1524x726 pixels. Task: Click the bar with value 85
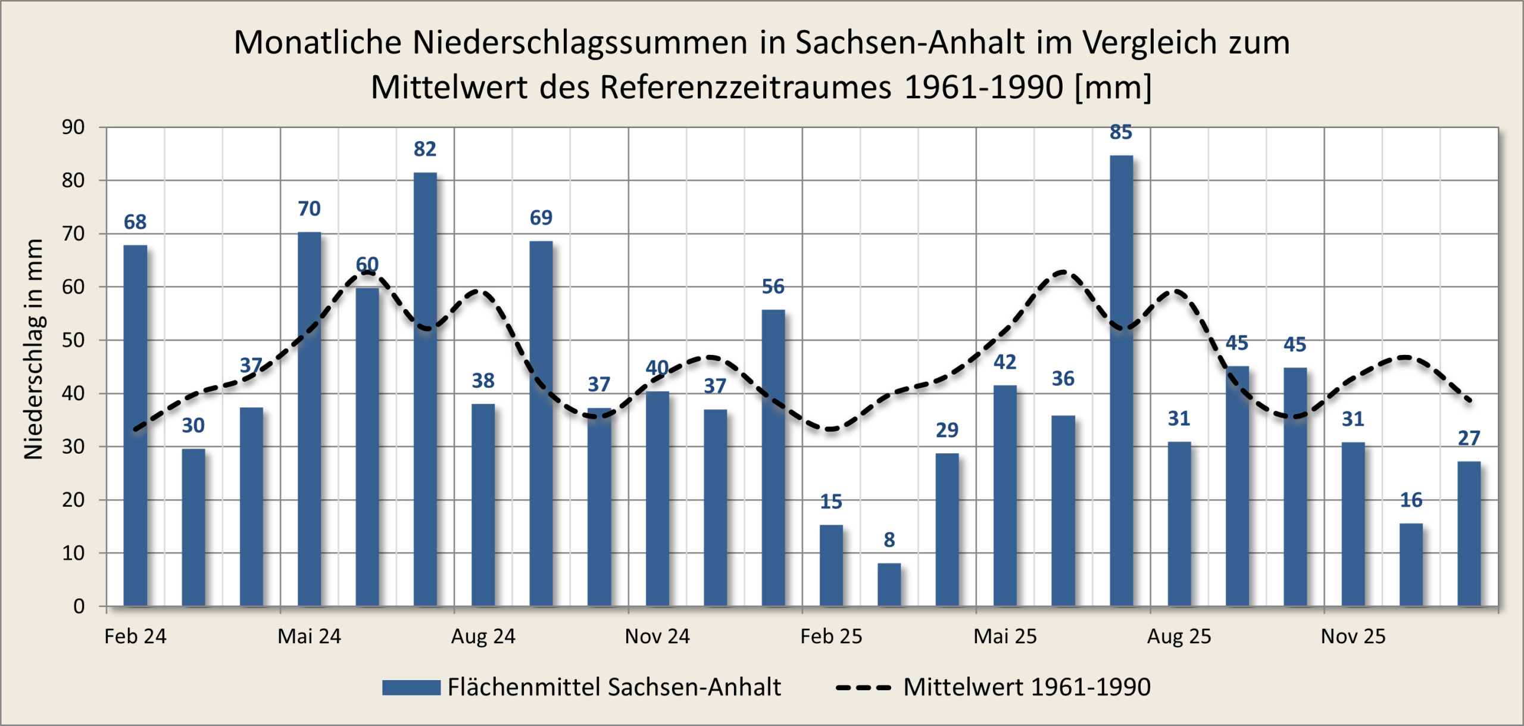1121,381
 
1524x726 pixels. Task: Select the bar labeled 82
425,390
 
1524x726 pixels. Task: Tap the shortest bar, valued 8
889,584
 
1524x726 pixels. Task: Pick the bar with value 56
773,458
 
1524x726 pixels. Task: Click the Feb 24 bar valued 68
135,425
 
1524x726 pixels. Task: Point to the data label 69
541,218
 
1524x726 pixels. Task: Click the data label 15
830,502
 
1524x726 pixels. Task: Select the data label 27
1469,438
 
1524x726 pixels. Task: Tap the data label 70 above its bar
309,209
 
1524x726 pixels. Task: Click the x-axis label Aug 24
483,637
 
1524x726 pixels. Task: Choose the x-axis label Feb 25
830,637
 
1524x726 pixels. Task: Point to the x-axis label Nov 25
1353,637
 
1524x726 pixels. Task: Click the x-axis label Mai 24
309,637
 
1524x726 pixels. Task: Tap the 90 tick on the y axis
73,127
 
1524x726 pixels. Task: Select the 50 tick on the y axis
73,340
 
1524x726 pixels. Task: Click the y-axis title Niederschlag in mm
33,349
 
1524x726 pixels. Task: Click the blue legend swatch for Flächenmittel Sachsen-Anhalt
411,687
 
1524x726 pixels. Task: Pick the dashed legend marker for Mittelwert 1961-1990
863,687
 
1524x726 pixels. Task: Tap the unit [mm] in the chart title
1113,88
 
